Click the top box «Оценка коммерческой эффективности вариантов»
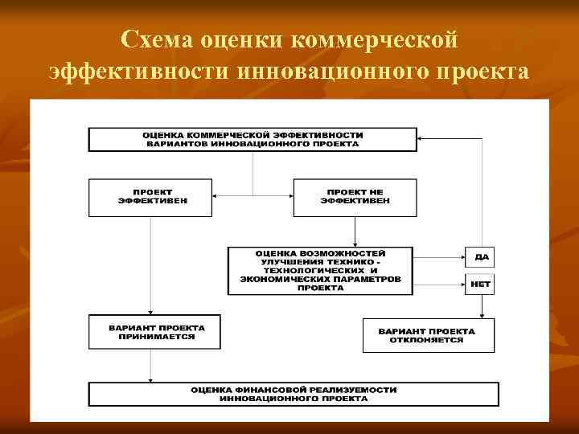click(253, 139)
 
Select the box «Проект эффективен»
click(150, 197)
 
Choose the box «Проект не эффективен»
click(355, 197)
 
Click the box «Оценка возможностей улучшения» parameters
click(320, 270)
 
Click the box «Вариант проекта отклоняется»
click(427, 335)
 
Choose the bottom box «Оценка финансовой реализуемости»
click(294, 394)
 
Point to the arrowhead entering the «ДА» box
click(459, 257)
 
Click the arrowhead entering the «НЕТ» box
click(459, 284)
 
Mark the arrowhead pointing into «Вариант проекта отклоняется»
click(481, 315)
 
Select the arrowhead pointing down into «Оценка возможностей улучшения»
click(355, 243)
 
